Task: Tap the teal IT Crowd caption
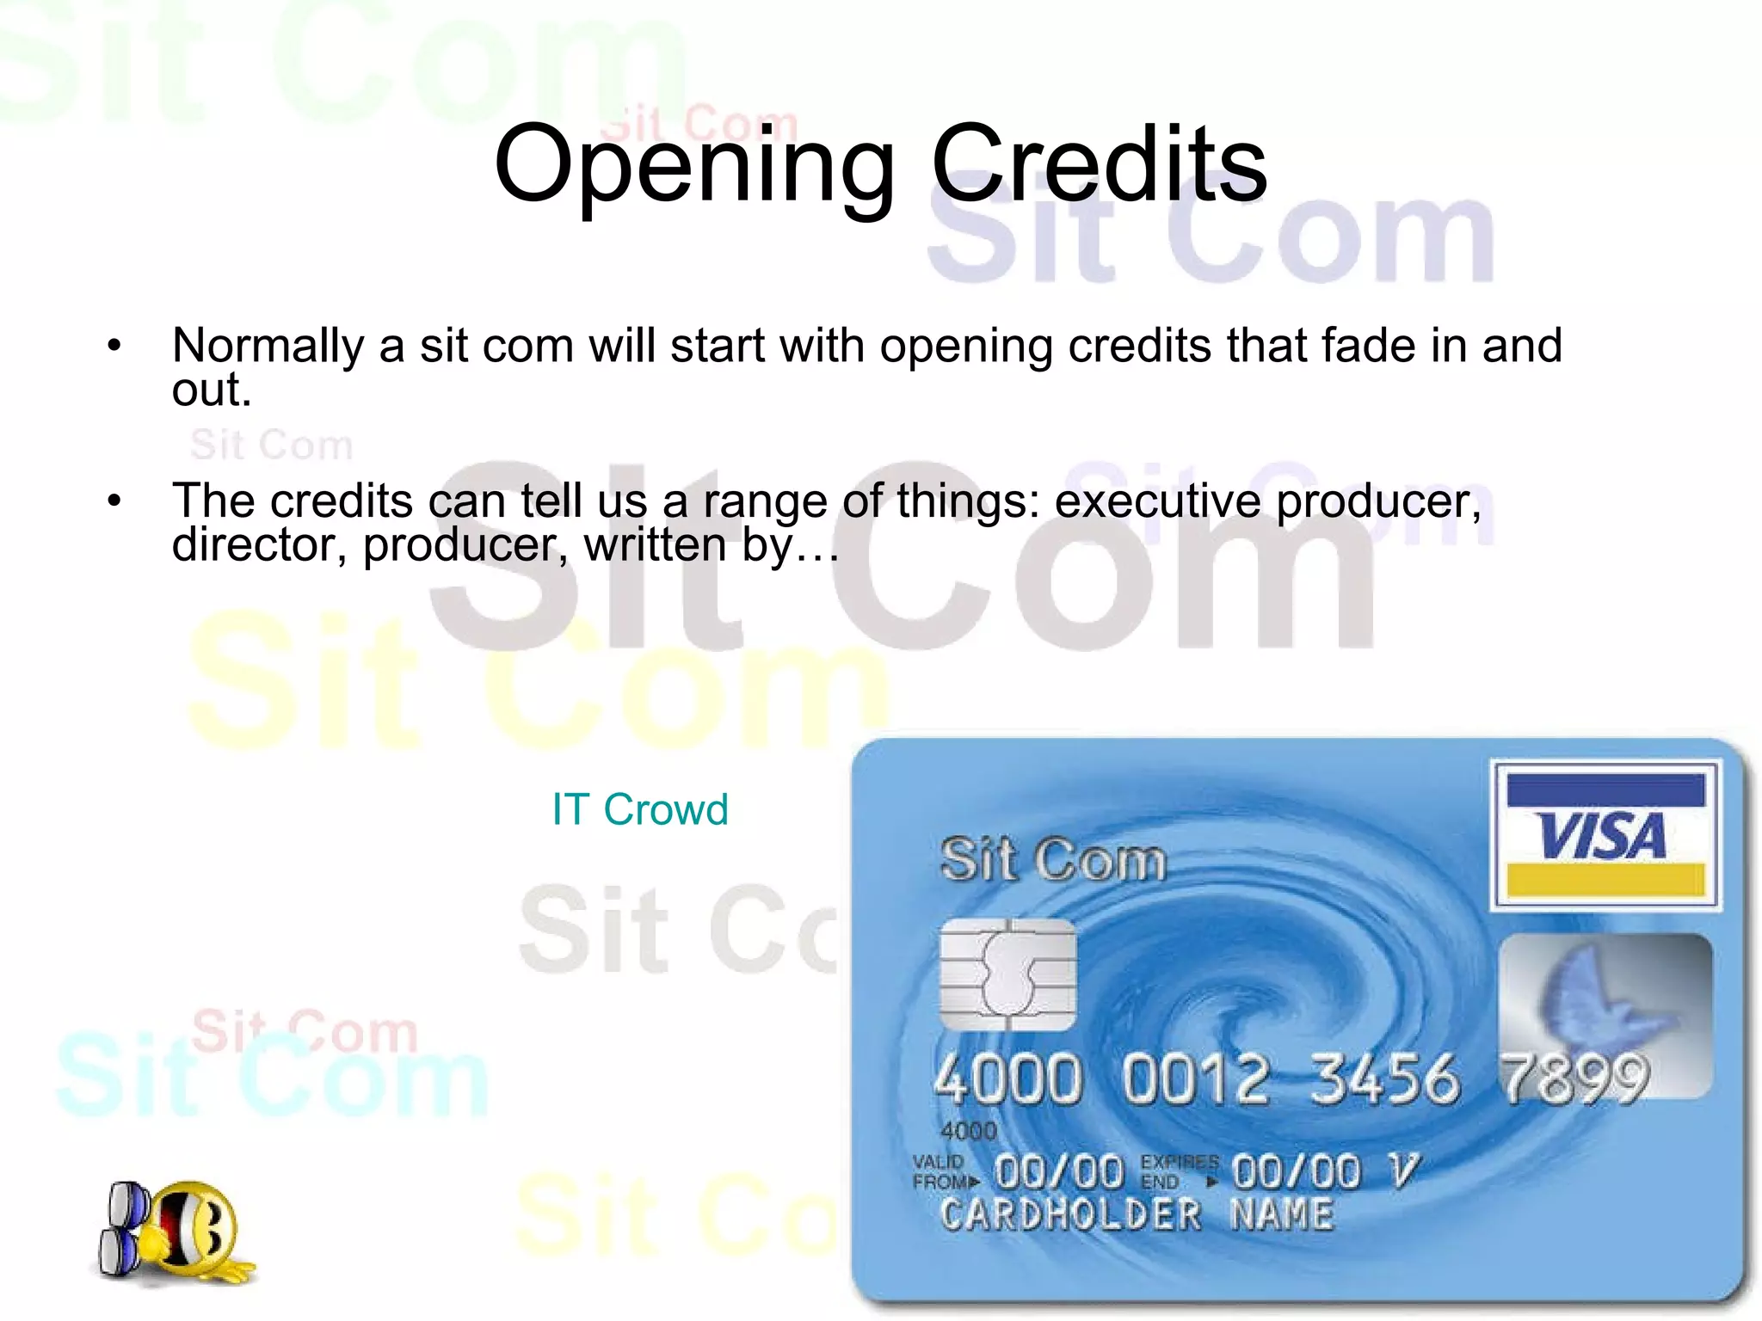point(640,809)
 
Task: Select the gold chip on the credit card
point(1007,974)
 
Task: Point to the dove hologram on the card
point(1604,1006)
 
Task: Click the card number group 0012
point(1196,1078)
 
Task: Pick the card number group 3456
point(1384,1078)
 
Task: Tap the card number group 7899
point(1574,1078)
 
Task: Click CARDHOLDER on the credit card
point(1070,1215)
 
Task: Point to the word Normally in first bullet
point(268,346)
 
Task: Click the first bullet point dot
point(114,347)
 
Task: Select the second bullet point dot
point(114,501)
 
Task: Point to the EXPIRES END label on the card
point(1177,1172)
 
